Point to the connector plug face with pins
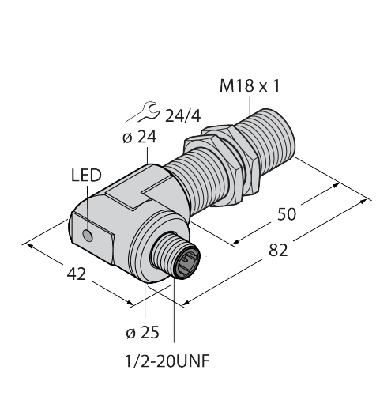click(x=188, y=260)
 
